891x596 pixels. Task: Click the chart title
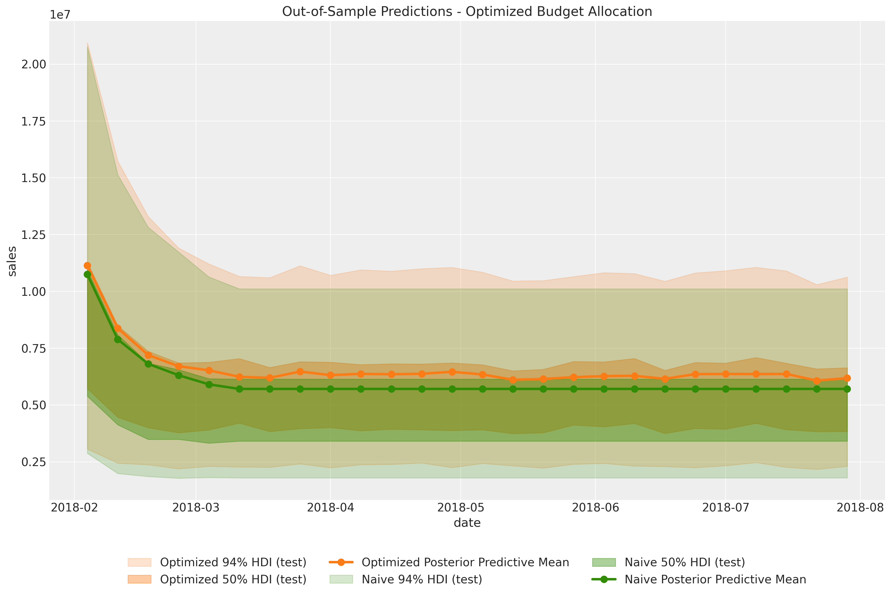click(467, 11)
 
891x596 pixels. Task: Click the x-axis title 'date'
click(467, 523)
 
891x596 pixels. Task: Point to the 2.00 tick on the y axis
click(34, 64)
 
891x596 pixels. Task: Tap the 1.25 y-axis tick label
click(34, 235)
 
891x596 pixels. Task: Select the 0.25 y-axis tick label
click(34, 462)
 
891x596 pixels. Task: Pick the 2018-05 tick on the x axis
click(460, 508)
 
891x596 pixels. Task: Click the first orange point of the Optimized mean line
click(88, 265)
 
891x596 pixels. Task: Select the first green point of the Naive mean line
click(88, 275)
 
